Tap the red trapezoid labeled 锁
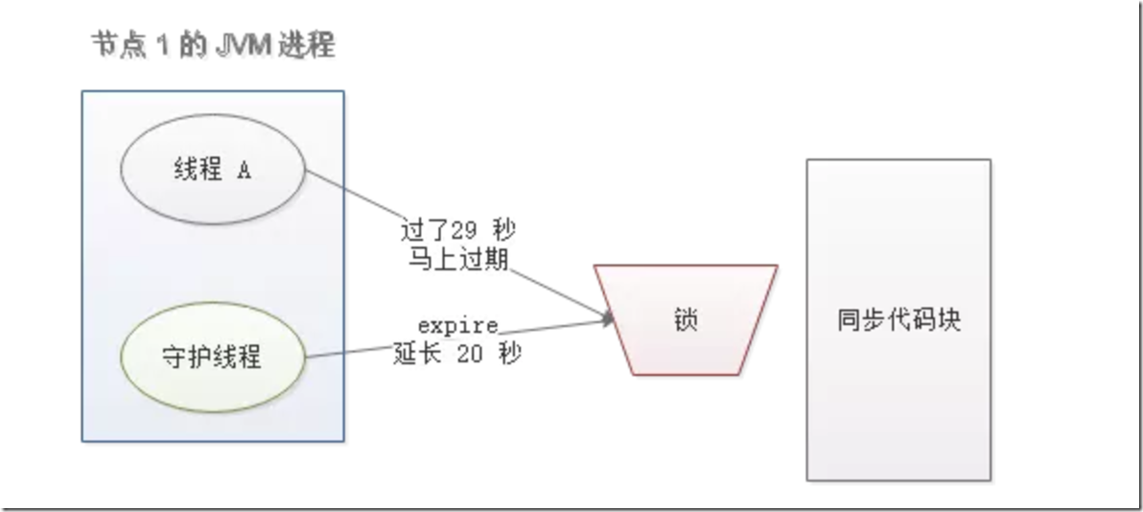pos(686,319)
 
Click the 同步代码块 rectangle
pos(898,319)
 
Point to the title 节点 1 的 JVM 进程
pos(213,46)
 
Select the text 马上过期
pos(456,259)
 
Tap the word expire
pos(457,326)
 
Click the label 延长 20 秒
pos(457,353)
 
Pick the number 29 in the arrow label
pos(463,230)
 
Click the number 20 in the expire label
pos(469,353)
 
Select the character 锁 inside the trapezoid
pos(686,319)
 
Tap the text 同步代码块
pos(898,319)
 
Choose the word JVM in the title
pos(244,46)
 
